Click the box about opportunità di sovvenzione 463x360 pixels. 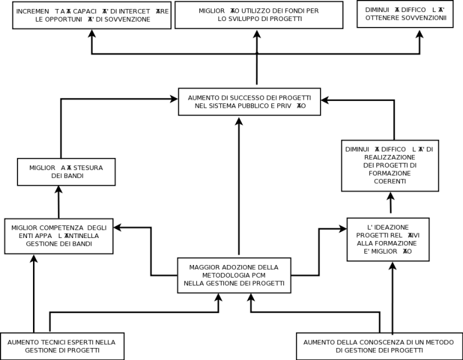[x=92, y=15]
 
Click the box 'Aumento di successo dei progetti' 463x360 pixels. [x=249, y=102]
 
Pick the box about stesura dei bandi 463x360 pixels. [x=66, y=172]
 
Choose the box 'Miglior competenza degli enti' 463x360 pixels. [x=59, y=236]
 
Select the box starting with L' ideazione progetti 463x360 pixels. [x=388, y=239]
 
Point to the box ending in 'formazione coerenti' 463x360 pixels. [x=390, y=165]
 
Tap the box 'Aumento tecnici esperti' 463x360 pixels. [x=62, y=346]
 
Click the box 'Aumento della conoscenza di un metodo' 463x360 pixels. [x=378, y=346]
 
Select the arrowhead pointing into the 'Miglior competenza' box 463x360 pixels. [x=118, y=227]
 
